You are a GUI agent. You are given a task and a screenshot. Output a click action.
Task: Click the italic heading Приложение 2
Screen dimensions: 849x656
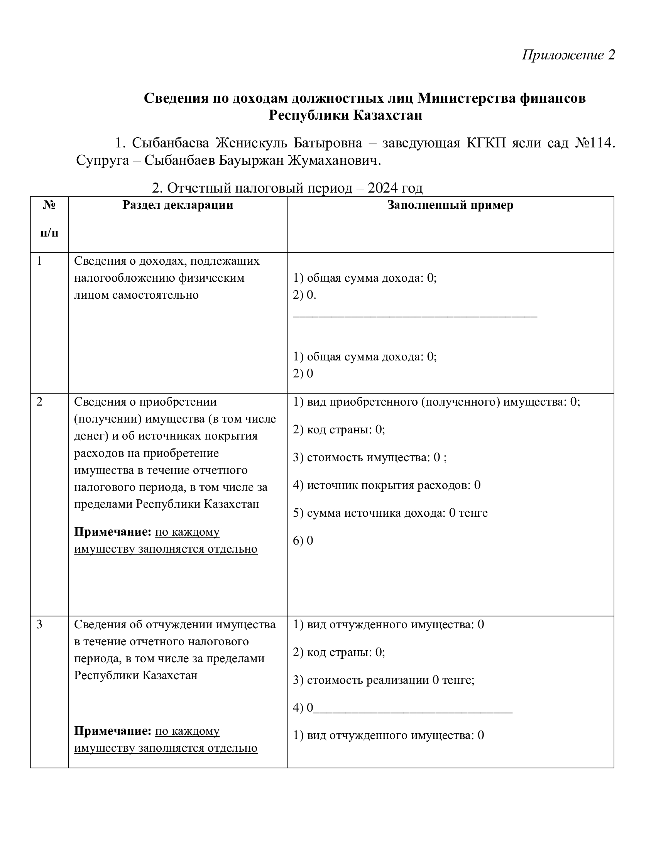(x=568, y=55)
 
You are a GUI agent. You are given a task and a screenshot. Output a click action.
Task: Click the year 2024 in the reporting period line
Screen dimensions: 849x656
(x=383, y=188)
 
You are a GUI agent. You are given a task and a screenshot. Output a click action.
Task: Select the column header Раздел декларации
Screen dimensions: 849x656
(x=178, y=205)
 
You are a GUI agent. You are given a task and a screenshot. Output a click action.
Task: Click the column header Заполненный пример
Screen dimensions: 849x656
(x=450, y=205)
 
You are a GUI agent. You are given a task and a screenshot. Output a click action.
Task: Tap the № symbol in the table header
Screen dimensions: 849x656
(x=49, y=205)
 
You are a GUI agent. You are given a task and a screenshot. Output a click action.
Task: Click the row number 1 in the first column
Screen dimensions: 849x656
(x=39, y=261)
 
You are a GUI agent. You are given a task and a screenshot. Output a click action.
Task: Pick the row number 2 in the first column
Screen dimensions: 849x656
(x=39, y=402)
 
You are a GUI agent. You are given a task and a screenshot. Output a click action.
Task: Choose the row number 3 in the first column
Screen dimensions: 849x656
(x=39, y=625)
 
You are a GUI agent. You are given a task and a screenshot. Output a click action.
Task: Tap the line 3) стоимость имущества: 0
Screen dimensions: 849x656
(x=370, y=458)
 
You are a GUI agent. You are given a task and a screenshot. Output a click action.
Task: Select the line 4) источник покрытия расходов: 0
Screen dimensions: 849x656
(x=387, y=485)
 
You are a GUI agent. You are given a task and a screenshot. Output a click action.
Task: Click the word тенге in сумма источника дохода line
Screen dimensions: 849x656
(x=473, y=513)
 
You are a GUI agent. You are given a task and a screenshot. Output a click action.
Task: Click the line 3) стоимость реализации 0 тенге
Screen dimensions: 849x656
(x=384, y=680)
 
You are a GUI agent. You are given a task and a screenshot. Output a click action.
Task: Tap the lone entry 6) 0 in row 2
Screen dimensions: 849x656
(x=303, y=541)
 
